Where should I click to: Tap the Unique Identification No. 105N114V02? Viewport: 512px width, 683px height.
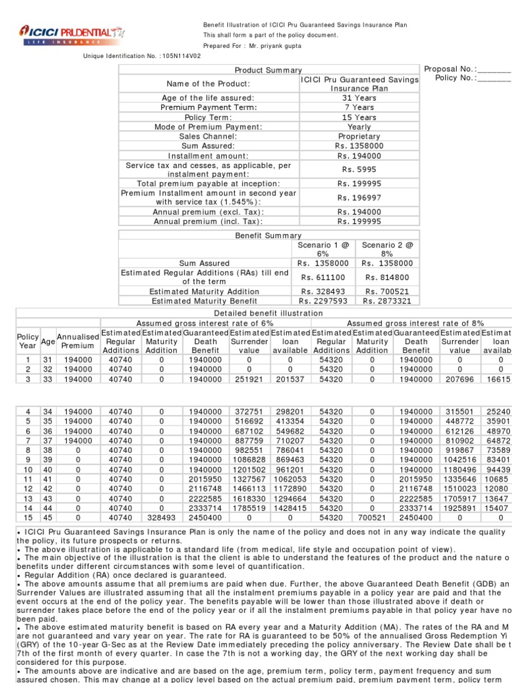click(142, 56)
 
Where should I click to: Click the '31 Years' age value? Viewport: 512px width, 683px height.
click(359, 97)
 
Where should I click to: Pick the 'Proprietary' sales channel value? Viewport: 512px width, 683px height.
click(359, 136)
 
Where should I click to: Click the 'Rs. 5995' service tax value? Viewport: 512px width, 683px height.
click(359, 169)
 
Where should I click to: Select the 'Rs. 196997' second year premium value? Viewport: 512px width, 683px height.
click(359, 197)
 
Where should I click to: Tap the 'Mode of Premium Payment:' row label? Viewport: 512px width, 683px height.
click(209, 127)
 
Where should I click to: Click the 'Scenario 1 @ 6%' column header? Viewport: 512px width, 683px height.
click(323, 250)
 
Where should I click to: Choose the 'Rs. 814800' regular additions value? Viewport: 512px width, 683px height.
click(387, 277)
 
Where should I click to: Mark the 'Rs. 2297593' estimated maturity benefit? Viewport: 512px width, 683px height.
click(324, 301)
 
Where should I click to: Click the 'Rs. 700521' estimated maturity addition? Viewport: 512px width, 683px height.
click(387, 291)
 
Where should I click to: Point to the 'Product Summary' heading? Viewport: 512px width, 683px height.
click(268, 70)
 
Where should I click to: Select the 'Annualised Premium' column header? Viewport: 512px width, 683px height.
click(77, 341)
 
